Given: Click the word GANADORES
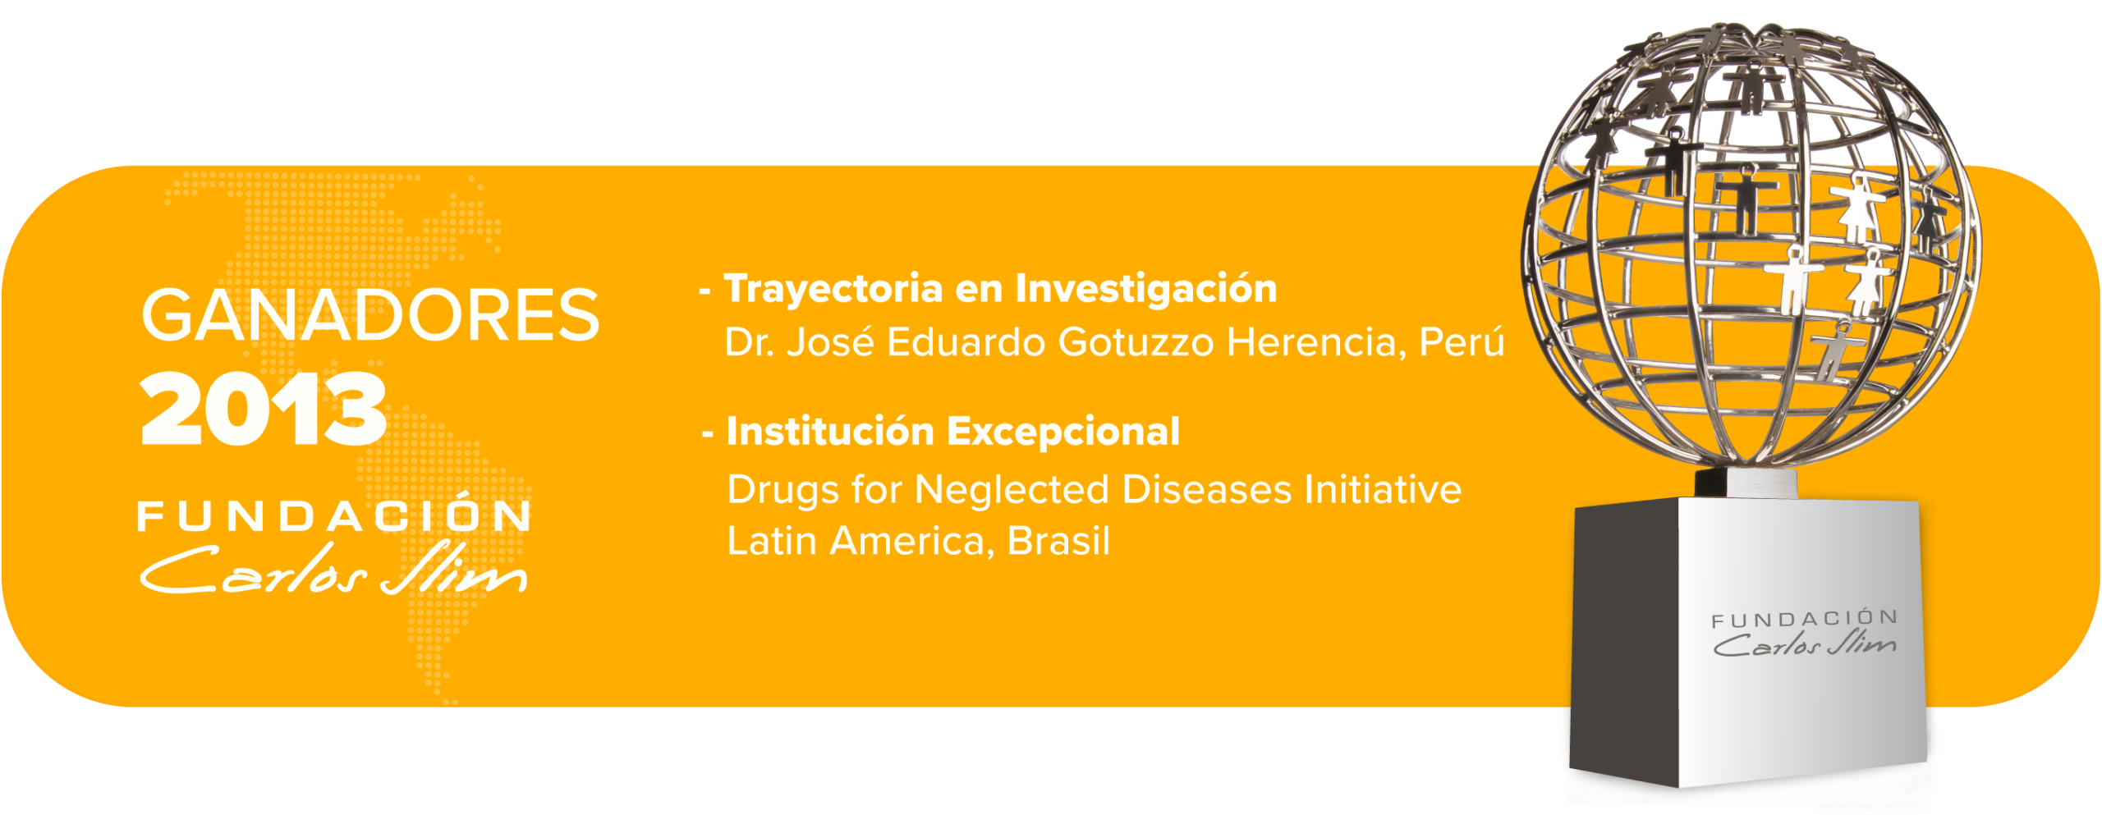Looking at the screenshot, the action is point(370,314).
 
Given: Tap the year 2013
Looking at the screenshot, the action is point(263,408).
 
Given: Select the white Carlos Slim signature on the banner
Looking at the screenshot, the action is point(333,567).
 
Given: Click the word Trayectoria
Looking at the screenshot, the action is point(833,290).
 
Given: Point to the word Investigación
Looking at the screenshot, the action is point(1146,289).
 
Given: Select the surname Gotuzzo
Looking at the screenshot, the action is point(1136,341).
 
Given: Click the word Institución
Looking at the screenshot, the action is point(830,432).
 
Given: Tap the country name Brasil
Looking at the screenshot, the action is point(1058,541).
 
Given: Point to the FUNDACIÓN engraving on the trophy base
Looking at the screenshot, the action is point(1805,619).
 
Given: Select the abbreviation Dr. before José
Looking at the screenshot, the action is point(750,342).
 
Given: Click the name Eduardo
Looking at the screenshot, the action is point(965,341).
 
